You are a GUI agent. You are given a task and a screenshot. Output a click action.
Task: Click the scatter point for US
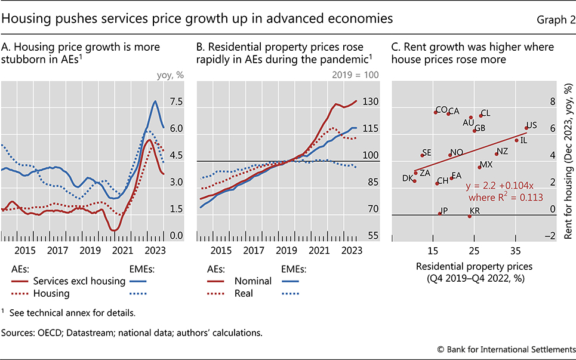point(526,127)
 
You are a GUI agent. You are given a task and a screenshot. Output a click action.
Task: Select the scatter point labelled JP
point(440,213)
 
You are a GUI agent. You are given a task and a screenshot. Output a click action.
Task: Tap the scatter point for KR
point(469,216)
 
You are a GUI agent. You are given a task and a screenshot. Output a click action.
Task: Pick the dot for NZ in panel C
point(496,154)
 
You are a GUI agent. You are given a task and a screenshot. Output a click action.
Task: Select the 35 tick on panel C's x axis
point(516,248)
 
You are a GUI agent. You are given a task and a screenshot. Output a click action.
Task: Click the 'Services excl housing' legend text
point(79,281)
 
